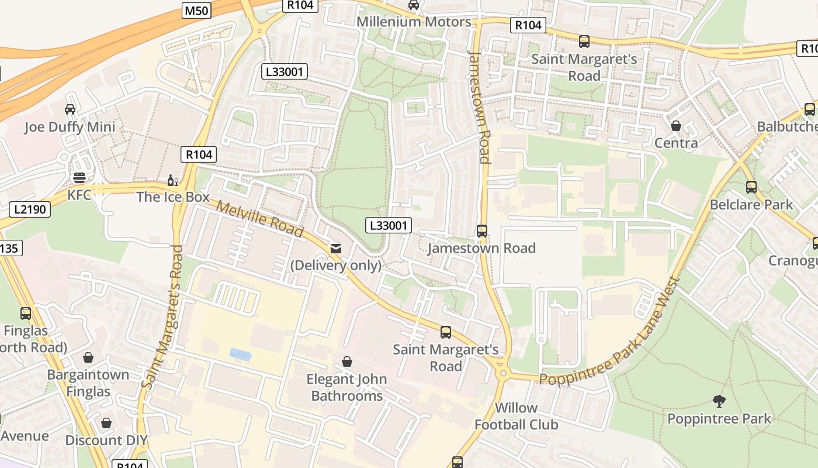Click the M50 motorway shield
coord(196,11)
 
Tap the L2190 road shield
coord(30,209)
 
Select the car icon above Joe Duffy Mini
coord(70,109)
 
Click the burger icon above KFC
coord(79,178)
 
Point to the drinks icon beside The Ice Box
coord(173,180)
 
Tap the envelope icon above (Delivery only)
coord(336,249)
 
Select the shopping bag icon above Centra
coord(676,126)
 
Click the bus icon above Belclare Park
coord(751,187)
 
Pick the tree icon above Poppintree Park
coord(719,401)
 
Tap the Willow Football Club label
coord(516,416)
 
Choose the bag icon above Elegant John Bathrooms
coord(347,362)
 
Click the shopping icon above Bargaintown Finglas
coord(88,357)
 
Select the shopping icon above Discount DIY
coord(106,422)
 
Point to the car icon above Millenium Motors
coord(414,5)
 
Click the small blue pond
coord(240,354)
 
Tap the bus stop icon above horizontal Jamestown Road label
coord(482,231)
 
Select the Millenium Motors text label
coord(414,22)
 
